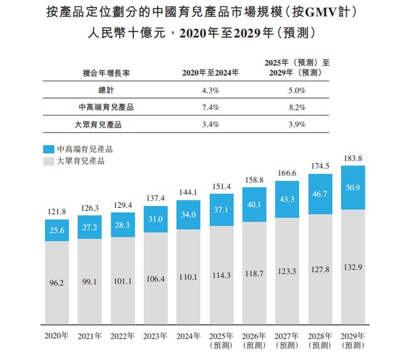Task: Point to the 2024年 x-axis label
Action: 188,335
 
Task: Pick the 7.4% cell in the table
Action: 210,107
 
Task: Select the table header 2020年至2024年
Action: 210,73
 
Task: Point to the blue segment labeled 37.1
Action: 221,209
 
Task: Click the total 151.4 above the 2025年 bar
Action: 221,186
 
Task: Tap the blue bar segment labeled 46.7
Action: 320,195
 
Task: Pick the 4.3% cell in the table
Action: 210,90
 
